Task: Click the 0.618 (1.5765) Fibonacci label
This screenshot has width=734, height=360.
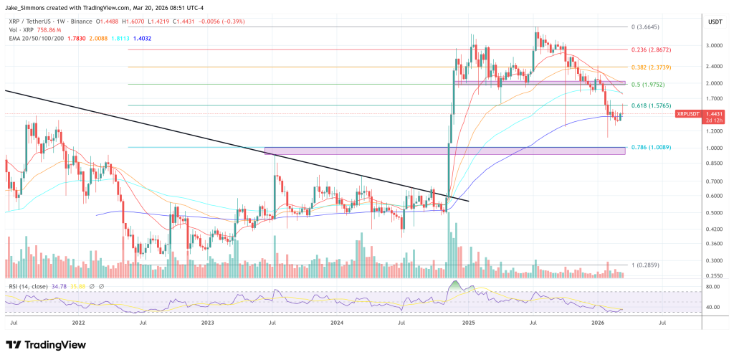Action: (650, 105)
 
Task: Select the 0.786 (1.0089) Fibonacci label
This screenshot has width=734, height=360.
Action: (650, 148)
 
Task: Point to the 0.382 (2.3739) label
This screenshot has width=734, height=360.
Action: (650, 67)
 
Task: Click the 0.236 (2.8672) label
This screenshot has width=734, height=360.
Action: (650, 49)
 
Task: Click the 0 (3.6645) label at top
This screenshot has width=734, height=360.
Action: (644, 27)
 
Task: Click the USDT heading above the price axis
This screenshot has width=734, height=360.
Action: (715, 22)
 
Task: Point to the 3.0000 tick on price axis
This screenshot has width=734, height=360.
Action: (713, 45)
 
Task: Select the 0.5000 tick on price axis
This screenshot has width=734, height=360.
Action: (713, 213)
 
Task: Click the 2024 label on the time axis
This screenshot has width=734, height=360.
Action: (337, 323)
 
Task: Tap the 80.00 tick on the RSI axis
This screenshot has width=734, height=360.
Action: (713, 287)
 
